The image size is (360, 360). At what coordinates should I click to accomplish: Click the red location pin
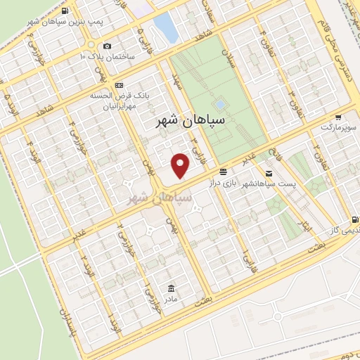coord(181,165)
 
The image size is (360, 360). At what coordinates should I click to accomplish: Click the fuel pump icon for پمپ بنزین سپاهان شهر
coord(65,11)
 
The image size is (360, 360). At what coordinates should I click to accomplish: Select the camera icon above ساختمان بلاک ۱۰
coord(107,46)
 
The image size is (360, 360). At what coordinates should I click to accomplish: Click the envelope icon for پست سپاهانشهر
coord(269,173)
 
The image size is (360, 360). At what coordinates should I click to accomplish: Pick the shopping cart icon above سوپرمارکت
coord(339,117)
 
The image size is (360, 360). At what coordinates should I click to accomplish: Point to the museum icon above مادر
coord(172,288)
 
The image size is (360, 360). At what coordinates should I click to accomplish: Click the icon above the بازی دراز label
coord(222,172)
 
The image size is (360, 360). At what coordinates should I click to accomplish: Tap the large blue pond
coord(165,27)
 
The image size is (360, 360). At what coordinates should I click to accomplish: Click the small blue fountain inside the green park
coord(220,104)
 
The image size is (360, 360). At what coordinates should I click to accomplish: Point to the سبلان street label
coord(226,57)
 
